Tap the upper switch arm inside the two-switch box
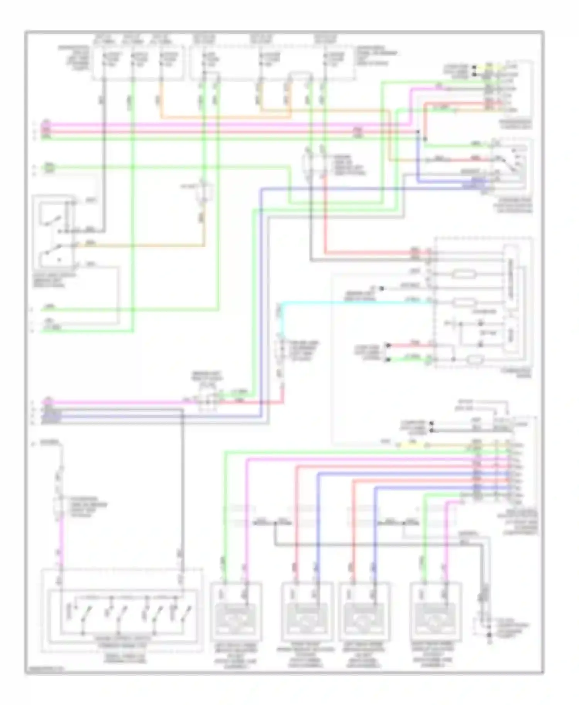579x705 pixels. [x=50, y=221]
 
